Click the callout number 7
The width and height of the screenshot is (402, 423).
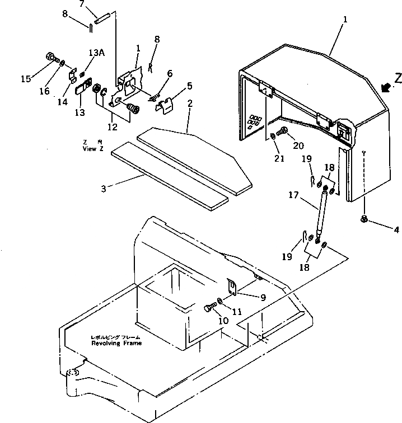82,4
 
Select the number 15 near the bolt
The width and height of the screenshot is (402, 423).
26,79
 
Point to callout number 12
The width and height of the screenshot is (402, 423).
113,128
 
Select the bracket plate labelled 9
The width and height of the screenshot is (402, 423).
235,285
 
